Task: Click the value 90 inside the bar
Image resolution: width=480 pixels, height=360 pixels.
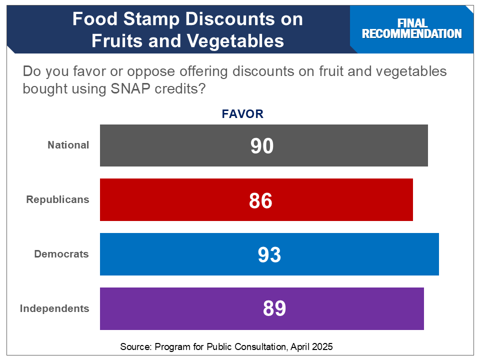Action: (x=262, y=146)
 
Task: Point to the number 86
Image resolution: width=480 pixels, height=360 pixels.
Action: (x=260, y=200)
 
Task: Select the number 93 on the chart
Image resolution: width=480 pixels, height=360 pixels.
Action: (x=269, y=255)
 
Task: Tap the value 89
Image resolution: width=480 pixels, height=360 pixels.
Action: (x=274, y=309)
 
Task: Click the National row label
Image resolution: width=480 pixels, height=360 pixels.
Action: (x=68, y=145)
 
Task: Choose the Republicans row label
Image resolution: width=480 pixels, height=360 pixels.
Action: (x=57, y=200)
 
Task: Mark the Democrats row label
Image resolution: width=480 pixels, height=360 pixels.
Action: (x=61, y=254)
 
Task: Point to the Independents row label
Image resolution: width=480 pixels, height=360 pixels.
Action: (x=54, y=308)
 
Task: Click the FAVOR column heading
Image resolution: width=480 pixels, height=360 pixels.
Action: (x=242, y=114)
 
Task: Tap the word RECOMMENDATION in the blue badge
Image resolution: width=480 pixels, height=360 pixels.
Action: (x=412, y=34)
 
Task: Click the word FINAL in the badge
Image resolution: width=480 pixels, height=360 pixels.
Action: (x=412, y=23)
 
